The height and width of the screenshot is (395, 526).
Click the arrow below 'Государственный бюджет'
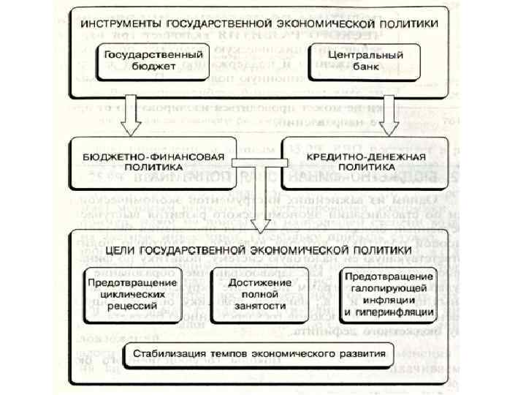(x=132, y=114)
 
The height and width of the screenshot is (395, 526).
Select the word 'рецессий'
(x=132, y=306)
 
